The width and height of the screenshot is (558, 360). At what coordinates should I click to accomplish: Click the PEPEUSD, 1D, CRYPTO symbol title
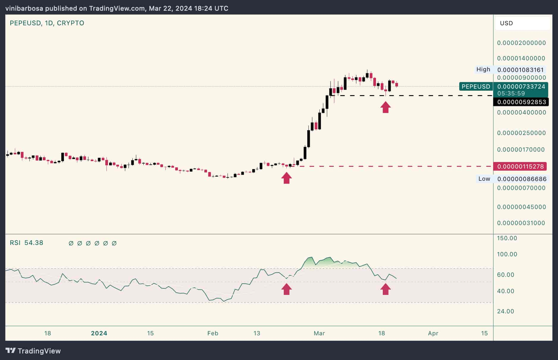coord(47,23)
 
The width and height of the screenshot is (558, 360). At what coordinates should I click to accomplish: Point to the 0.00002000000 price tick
coord(521,43)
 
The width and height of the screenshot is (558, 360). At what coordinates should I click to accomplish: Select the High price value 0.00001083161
coord(521,70)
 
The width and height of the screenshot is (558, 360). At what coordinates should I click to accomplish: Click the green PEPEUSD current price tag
coord(476,87)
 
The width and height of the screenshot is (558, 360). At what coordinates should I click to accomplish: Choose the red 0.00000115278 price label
coord(521,166)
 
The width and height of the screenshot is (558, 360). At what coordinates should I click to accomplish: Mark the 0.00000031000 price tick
coord(521,223)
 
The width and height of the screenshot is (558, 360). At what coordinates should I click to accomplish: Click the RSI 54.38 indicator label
coord(26,243)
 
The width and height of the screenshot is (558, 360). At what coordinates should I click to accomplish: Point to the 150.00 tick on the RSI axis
coord(507,238)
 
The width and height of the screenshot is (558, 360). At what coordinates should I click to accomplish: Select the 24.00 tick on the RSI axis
coord(505,311)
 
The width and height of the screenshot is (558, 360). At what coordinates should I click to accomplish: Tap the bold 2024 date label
coord(99,333)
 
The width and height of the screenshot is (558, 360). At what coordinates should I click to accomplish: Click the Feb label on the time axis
coord(213,333)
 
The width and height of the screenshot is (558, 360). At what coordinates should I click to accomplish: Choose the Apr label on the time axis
coord(433,333)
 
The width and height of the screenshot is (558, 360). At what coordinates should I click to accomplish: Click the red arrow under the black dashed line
coord(385,107)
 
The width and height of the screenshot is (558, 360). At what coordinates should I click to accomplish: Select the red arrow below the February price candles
coord(286,178)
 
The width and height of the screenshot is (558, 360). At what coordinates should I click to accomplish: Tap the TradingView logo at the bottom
coord(33,351)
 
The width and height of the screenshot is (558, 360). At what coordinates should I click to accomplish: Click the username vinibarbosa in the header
coord(24,8)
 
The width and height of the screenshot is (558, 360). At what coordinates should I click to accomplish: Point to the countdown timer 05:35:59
coord(511,93)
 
